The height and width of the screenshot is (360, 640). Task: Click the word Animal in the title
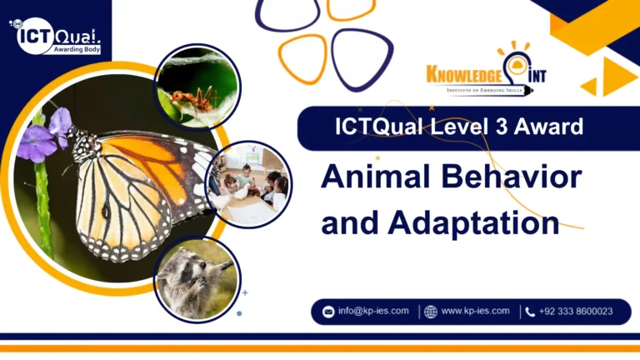(x=373, y=179)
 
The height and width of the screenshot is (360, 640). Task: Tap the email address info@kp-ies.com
(x=372, y=312)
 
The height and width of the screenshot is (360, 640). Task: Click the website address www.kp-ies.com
(x=475, y=312)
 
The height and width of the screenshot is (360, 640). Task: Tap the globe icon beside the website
(x=431, y=312)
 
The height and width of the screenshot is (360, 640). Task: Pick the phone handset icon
(x=530, y=312)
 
